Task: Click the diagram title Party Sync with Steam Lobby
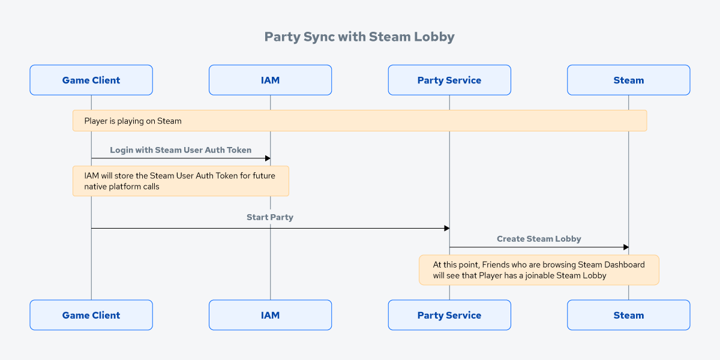(x=359, y=37)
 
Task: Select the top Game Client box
(x=91, y=80)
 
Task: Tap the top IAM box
(x=270, y=80)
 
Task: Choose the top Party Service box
(x=449, y=80)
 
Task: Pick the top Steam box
(x=628, y=80)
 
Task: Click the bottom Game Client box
(x=91, y=315)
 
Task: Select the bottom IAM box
(x=270, y=315)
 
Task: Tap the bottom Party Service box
(x=449, y=315)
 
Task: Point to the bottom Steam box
(x=628, y=315)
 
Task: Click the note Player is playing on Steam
(x=359, y=121)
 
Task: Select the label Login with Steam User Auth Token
(x=181, y=150)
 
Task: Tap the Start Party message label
(x=270, y=217)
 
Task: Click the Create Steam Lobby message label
(x=539, y=239)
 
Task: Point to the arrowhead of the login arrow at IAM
(x=268, y=158)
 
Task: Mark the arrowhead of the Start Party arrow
(x=446, y=228)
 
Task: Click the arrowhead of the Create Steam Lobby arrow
(x=626, y=247)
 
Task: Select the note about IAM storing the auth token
(x=181, y=181)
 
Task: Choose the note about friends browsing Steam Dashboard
(x=539, y=270)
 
